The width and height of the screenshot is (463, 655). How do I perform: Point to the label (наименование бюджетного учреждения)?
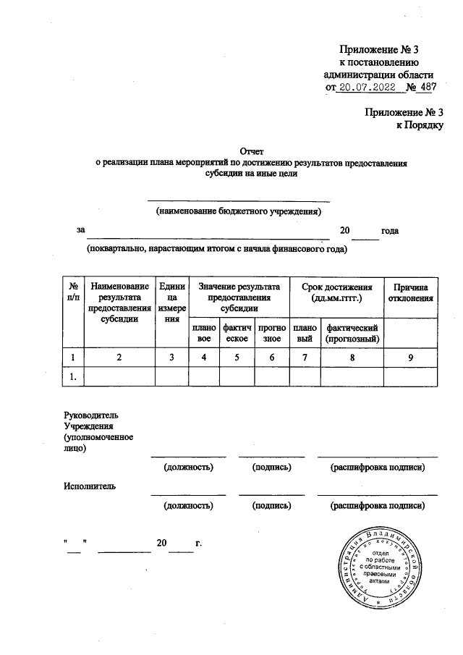coord(239,211)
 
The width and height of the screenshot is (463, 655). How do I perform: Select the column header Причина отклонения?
coord(412,291)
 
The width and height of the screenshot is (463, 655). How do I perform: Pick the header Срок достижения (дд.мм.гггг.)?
coord(336,291)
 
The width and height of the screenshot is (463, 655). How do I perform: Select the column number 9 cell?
coord(412,357)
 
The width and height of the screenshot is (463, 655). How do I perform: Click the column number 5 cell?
coord(236,357)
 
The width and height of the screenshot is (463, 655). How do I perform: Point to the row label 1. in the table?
coord(72,376)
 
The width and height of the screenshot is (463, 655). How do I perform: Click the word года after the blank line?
coord(391,230)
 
